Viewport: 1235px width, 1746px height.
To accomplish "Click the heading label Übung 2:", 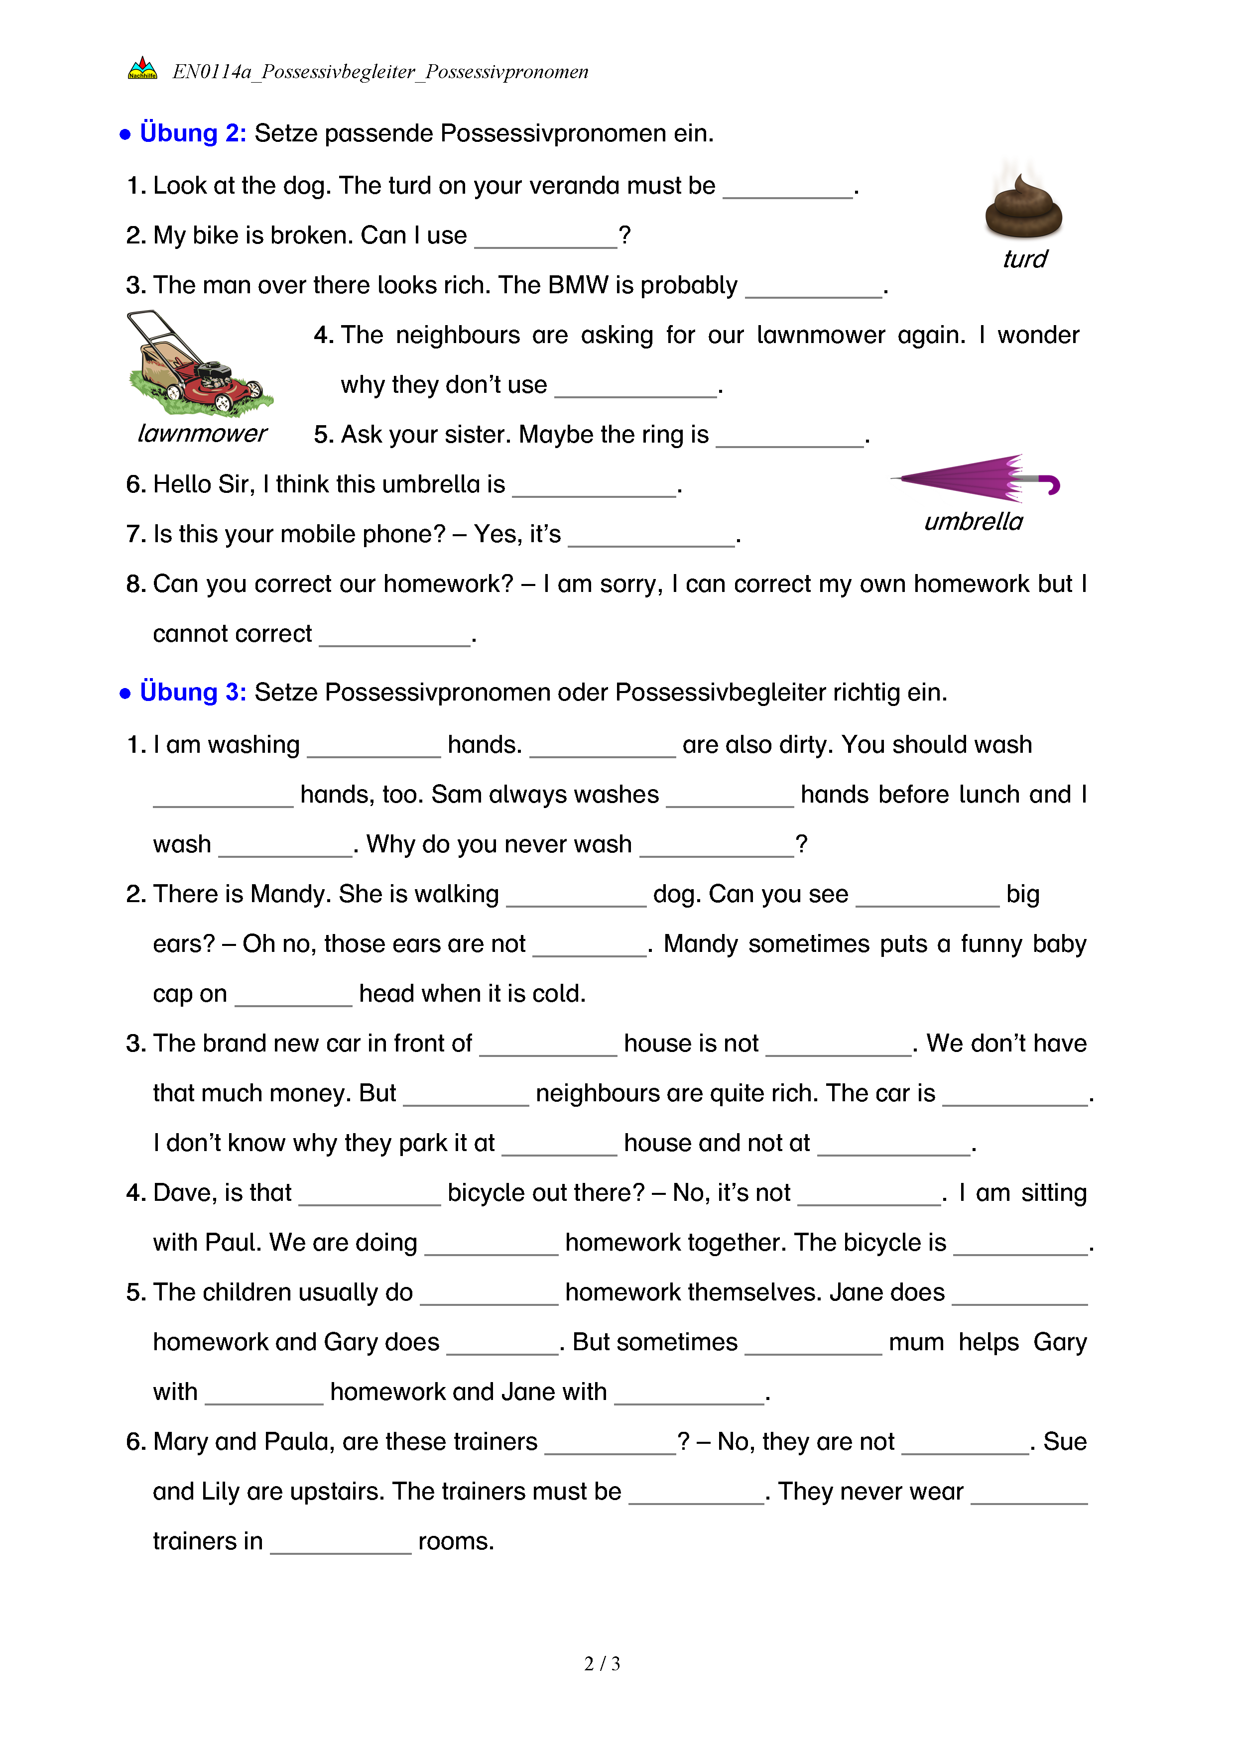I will pyautogui.click(x=192, y=133).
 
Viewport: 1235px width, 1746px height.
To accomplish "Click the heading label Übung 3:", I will pyautogui.click(x=192, y=692).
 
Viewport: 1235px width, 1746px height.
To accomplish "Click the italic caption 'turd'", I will pyautogui.click(x=1024, y=259).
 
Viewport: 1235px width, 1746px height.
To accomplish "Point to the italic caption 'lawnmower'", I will pyautogui.click(x=202, y=434).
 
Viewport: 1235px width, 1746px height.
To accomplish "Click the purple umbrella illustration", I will pyautogui.click(x=966, y=478).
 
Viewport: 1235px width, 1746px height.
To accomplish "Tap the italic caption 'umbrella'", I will pyautogui.click(x=974, y=522).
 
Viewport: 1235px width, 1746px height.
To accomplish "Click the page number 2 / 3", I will pyautogui.click(x=602, y=1664).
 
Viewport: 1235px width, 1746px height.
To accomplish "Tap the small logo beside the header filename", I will pyautogui.click(x=142, y=69).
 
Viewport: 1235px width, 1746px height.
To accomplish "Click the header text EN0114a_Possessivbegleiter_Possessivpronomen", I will pyautogui.click(x=380, y=72).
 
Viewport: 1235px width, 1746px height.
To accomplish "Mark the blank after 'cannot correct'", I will pyautogui.click(x=395, y=638).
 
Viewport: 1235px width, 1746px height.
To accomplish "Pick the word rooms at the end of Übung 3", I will pyautogui.click(x=456, y=1541).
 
